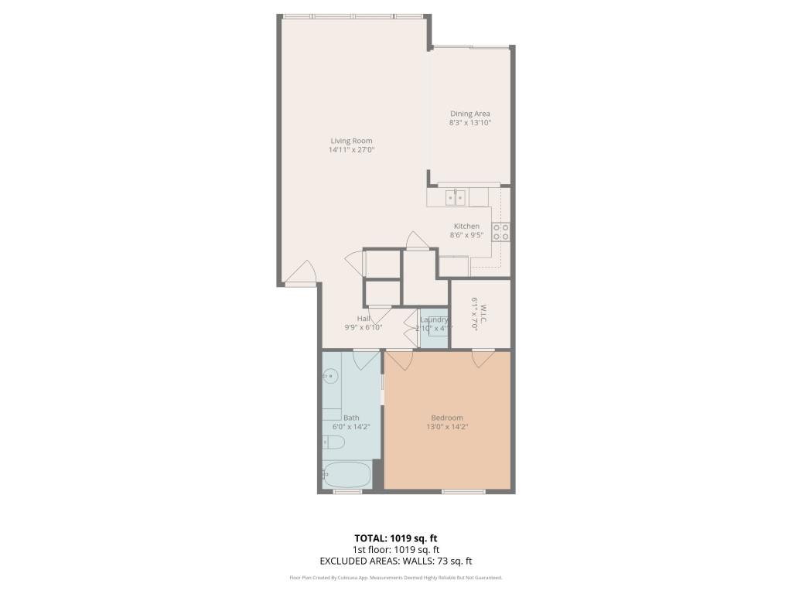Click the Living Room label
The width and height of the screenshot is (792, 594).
click(x=351, y=141)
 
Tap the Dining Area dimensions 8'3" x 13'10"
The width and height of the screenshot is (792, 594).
click(x=470, y=123)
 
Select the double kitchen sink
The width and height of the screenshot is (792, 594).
click(x=455, y=198)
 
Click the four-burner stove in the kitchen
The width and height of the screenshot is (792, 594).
click(x=501, y=232)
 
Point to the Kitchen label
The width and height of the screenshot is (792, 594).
click(x=466, y=226)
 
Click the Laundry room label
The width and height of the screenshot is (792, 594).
click(x=434, y=319)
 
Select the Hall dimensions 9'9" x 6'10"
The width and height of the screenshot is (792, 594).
click(x=363, y=328)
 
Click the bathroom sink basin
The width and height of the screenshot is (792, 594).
click(x=330, y=377)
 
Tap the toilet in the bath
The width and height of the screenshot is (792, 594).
click(x=333, y=442)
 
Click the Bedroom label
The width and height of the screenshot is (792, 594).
click(x=446, y=418)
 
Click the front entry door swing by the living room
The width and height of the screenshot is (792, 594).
click(x=300, y=273)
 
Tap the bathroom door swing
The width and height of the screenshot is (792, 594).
click(x=366, y=359)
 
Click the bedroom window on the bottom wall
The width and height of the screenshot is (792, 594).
click(x=463, y=491)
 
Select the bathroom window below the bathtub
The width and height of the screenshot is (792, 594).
click(x=347, y=491)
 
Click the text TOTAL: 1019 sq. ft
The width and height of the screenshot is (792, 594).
click(x=395, y=538)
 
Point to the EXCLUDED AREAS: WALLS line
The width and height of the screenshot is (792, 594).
click(x=395, y=562)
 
